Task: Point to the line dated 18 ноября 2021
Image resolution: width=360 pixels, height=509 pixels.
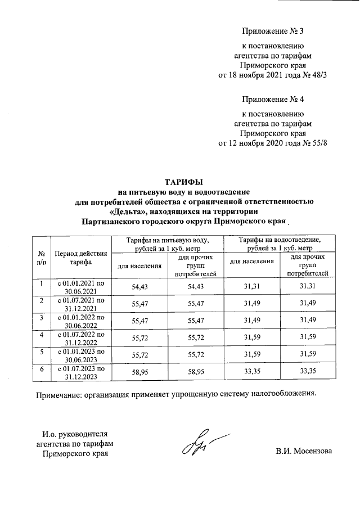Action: click(x=272, y=75)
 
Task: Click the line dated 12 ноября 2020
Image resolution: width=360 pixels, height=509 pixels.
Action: click(x=272, y=143)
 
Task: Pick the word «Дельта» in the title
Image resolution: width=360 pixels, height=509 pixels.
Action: click(x=125, y=211)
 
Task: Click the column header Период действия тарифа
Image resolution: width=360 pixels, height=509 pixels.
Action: click(x=81, y=258)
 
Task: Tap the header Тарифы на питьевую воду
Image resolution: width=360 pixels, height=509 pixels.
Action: click(x=168, y=244)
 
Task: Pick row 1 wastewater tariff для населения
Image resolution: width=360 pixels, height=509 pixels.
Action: click(x=251, y=286)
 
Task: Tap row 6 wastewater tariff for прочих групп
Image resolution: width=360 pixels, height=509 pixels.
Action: click(x=307, y=372)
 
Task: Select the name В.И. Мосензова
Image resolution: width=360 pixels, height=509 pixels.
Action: click(x=304, y=451)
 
